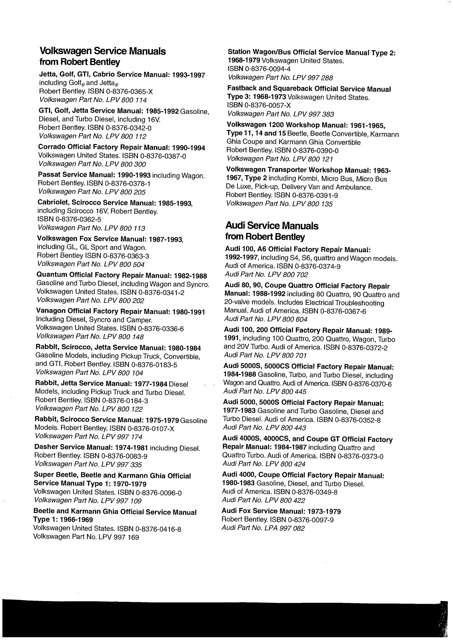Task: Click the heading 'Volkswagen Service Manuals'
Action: pyautogui.click(x=103, y=51)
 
